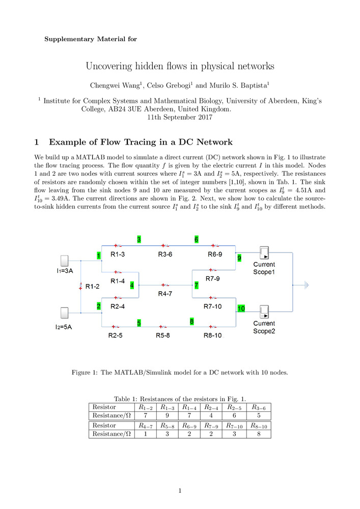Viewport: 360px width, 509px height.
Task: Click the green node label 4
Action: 132,286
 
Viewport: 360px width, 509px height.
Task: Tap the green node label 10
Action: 241,308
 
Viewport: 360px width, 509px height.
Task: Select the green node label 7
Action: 196,286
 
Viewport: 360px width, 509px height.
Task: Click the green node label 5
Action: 139,322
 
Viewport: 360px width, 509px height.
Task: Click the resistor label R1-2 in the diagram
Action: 93,287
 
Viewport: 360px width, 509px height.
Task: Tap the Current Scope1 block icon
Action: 264,253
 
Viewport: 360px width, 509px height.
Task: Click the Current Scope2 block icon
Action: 264,312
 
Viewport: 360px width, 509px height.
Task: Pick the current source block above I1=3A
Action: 65,261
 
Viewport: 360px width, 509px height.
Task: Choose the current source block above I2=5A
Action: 65,313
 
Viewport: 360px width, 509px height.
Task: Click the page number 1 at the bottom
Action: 180,491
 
